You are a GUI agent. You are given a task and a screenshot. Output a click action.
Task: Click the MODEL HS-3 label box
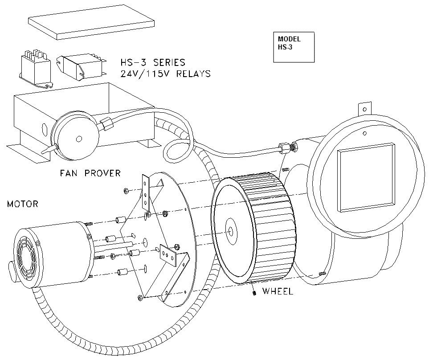point(294,47)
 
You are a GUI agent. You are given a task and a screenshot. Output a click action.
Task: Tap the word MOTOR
point(23,205)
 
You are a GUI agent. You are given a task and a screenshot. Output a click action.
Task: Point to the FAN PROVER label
point(90,173)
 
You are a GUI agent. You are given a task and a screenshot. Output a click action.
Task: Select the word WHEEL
point(278,292)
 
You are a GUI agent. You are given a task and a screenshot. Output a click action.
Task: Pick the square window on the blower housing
point(366,177)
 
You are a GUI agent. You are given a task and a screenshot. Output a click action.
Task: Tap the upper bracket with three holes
point(146,192)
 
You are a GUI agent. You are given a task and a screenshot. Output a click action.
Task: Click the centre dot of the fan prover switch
point(79,139)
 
